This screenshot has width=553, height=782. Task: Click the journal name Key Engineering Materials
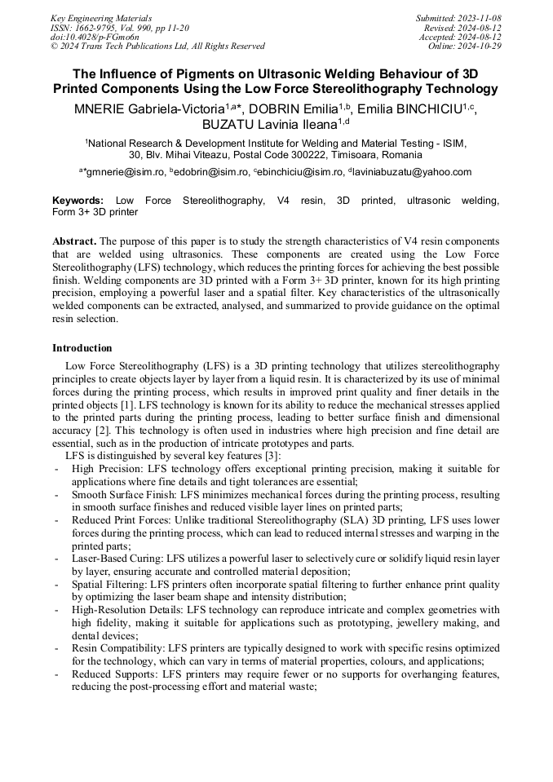tap(101, 18)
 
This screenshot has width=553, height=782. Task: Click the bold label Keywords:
tap(77, 200)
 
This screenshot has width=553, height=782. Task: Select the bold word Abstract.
tap(75, 242)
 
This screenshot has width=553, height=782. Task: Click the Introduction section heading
tap(82, 348)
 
